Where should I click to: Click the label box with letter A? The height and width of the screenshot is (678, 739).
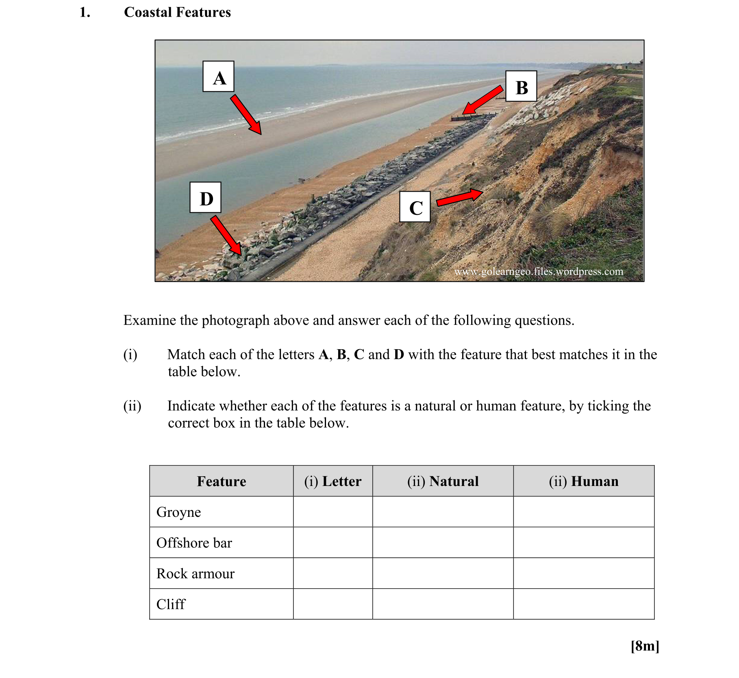point(218,76)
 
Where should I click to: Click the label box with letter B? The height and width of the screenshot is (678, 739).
point(521,86)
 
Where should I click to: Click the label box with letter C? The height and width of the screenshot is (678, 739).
point(415,207)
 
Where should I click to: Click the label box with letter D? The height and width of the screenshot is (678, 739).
point(205,198)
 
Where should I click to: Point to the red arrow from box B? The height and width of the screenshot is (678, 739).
point(483,100)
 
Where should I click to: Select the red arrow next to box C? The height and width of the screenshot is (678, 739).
point(460,197)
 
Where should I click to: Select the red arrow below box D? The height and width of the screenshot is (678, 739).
point(226,235)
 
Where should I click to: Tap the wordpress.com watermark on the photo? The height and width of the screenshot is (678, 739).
point(539,271)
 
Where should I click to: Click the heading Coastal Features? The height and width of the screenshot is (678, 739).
point(177,12)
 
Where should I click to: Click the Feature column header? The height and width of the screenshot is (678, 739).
point(222,481)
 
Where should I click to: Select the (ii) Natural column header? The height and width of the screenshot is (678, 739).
point(443,481)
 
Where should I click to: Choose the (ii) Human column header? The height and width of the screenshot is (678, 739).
point(584,481)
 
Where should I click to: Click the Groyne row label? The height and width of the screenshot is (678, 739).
point(178,512)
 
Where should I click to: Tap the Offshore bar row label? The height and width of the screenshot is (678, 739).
point(194,543)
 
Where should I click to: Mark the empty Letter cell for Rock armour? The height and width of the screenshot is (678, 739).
point(333,573)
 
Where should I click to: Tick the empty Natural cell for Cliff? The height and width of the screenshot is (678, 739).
point(443,604)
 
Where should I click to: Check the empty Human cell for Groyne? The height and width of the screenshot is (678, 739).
point(584,512)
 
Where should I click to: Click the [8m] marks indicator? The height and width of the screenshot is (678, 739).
point(645,646)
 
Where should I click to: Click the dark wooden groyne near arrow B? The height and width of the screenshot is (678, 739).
point(472,118)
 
